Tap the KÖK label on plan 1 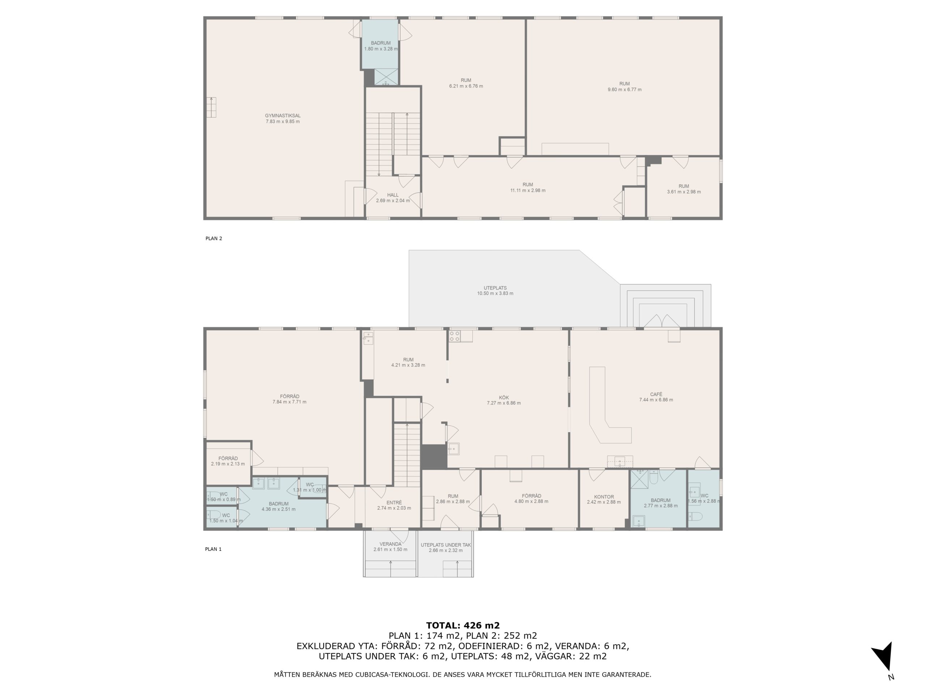click(504, 397)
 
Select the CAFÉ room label click(656, 394)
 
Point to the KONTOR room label click(604, 497)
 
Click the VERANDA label click(390, 544)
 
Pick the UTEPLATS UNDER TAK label click(446, 545)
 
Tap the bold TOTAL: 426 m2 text click(463, 625)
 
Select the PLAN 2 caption click(213, 239)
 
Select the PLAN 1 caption click(213, 549)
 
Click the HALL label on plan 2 click(393, 195)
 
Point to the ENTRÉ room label click(394, 503)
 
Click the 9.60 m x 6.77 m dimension click(625, 90)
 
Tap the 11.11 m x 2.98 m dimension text click(527, 190)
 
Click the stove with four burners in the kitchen click(455, 336)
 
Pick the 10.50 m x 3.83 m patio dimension click(495, 293)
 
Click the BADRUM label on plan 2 click(381, 43)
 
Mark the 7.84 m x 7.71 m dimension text click(289, 402)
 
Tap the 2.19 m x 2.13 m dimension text click(228, 464)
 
